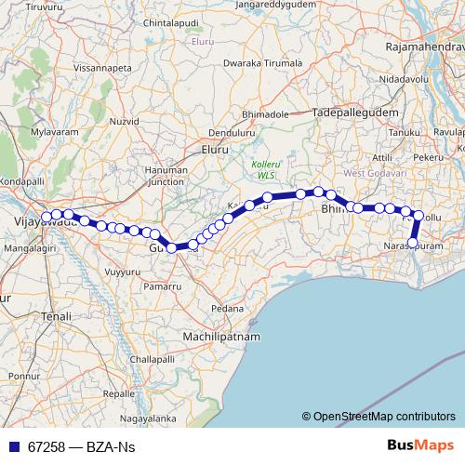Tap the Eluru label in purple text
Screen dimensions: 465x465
click(x=200, y=42)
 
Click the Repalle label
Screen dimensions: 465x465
click(x=118, y=394)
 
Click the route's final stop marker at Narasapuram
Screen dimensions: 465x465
click(x=414, y=244)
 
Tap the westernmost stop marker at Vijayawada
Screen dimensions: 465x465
click(x=46, y=217)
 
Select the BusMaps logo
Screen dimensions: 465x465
click(x=420, y=446)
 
